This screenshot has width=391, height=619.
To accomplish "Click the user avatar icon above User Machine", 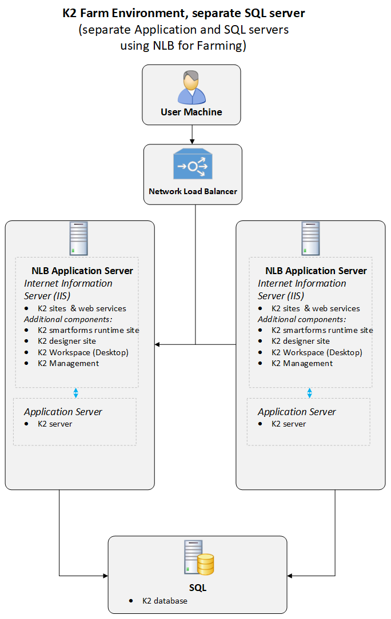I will (191, 87).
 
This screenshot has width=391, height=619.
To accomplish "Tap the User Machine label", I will (191, 112).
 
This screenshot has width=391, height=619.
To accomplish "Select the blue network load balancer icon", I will (193, 166).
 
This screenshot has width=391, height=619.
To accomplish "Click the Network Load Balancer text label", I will (193, 192).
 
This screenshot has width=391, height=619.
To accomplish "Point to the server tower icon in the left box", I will (79, 238).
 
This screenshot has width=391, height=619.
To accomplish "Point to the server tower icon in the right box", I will (310, 238).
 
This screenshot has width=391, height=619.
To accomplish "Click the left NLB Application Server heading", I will (82, 271).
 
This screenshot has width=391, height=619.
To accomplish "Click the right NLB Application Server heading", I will (316, 271).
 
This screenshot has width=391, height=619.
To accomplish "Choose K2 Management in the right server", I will (302, 363).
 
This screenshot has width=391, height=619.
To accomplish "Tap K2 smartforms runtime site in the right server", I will (322, 330).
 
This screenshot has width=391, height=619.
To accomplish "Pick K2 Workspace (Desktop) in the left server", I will (83, 352).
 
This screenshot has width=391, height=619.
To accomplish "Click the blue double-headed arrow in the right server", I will (310, 393).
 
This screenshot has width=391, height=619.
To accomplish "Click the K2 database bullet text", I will (165, 601).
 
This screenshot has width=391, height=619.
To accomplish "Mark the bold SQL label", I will (198, 588).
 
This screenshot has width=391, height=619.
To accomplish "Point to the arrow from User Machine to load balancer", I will (192, 134).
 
